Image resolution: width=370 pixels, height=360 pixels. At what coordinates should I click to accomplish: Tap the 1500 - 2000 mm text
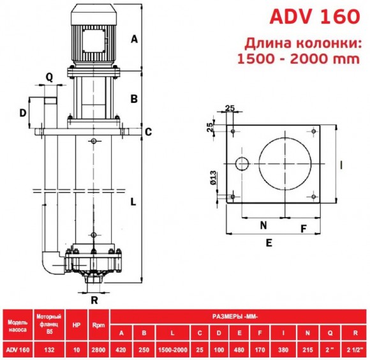(298, 61)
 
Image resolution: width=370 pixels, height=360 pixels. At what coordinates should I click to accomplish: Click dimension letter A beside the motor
(134, 39)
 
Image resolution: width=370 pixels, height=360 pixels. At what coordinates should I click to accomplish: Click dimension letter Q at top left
(49, 77)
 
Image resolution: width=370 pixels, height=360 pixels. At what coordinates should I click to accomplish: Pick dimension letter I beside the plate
(343, 165)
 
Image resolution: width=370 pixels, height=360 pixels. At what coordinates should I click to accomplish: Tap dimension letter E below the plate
(269, 243)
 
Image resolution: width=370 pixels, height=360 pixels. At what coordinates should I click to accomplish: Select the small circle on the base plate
(242, 164)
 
